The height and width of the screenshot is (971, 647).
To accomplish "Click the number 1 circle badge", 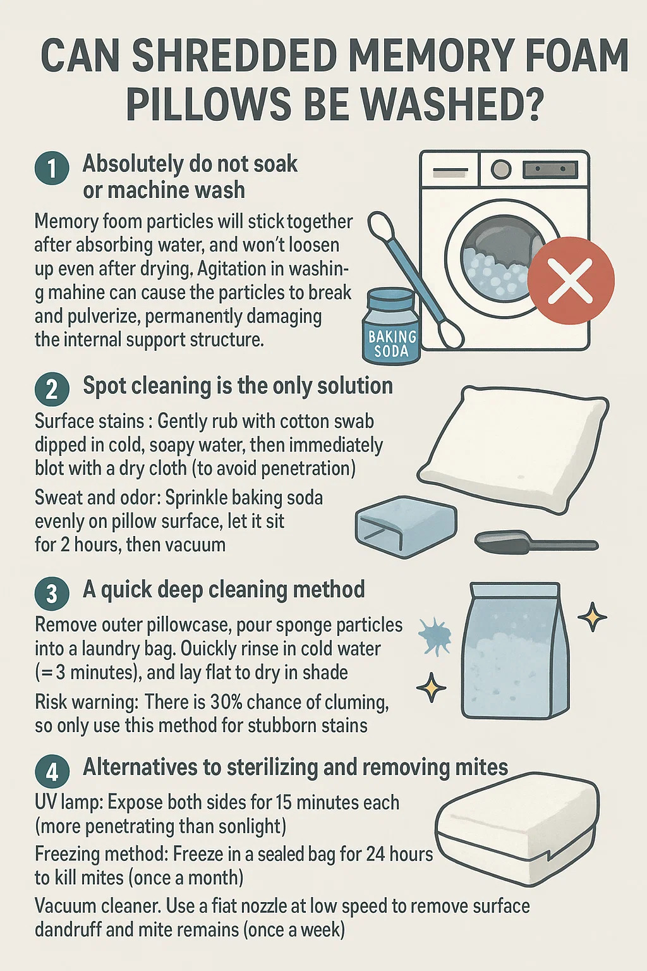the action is tap(52, 168).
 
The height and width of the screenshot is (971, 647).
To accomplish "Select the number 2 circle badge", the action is tap(52, 389).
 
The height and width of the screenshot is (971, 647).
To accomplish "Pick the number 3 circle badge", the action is tap(52, 594).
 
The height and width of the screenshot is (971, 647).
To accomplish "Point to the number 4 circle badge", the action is tap(52, 771).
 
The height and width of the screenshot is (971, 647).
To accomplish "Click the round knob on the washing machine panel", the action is tap(500, 169).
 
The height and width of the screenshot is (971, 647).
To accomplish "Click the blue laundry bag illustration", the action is tap(516, 651).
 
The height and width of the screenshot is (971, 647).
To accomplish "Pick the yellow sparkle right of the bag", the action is tap(593, 617).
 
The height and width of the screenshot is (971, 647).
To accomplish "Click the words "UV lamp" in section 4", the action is tap(68, 803).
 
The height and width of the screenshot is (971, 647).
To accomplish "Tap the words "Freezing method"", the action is tap(101, 854).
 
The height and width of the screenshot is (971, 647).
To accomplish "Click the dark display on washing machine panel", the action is tap(550, 169).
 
